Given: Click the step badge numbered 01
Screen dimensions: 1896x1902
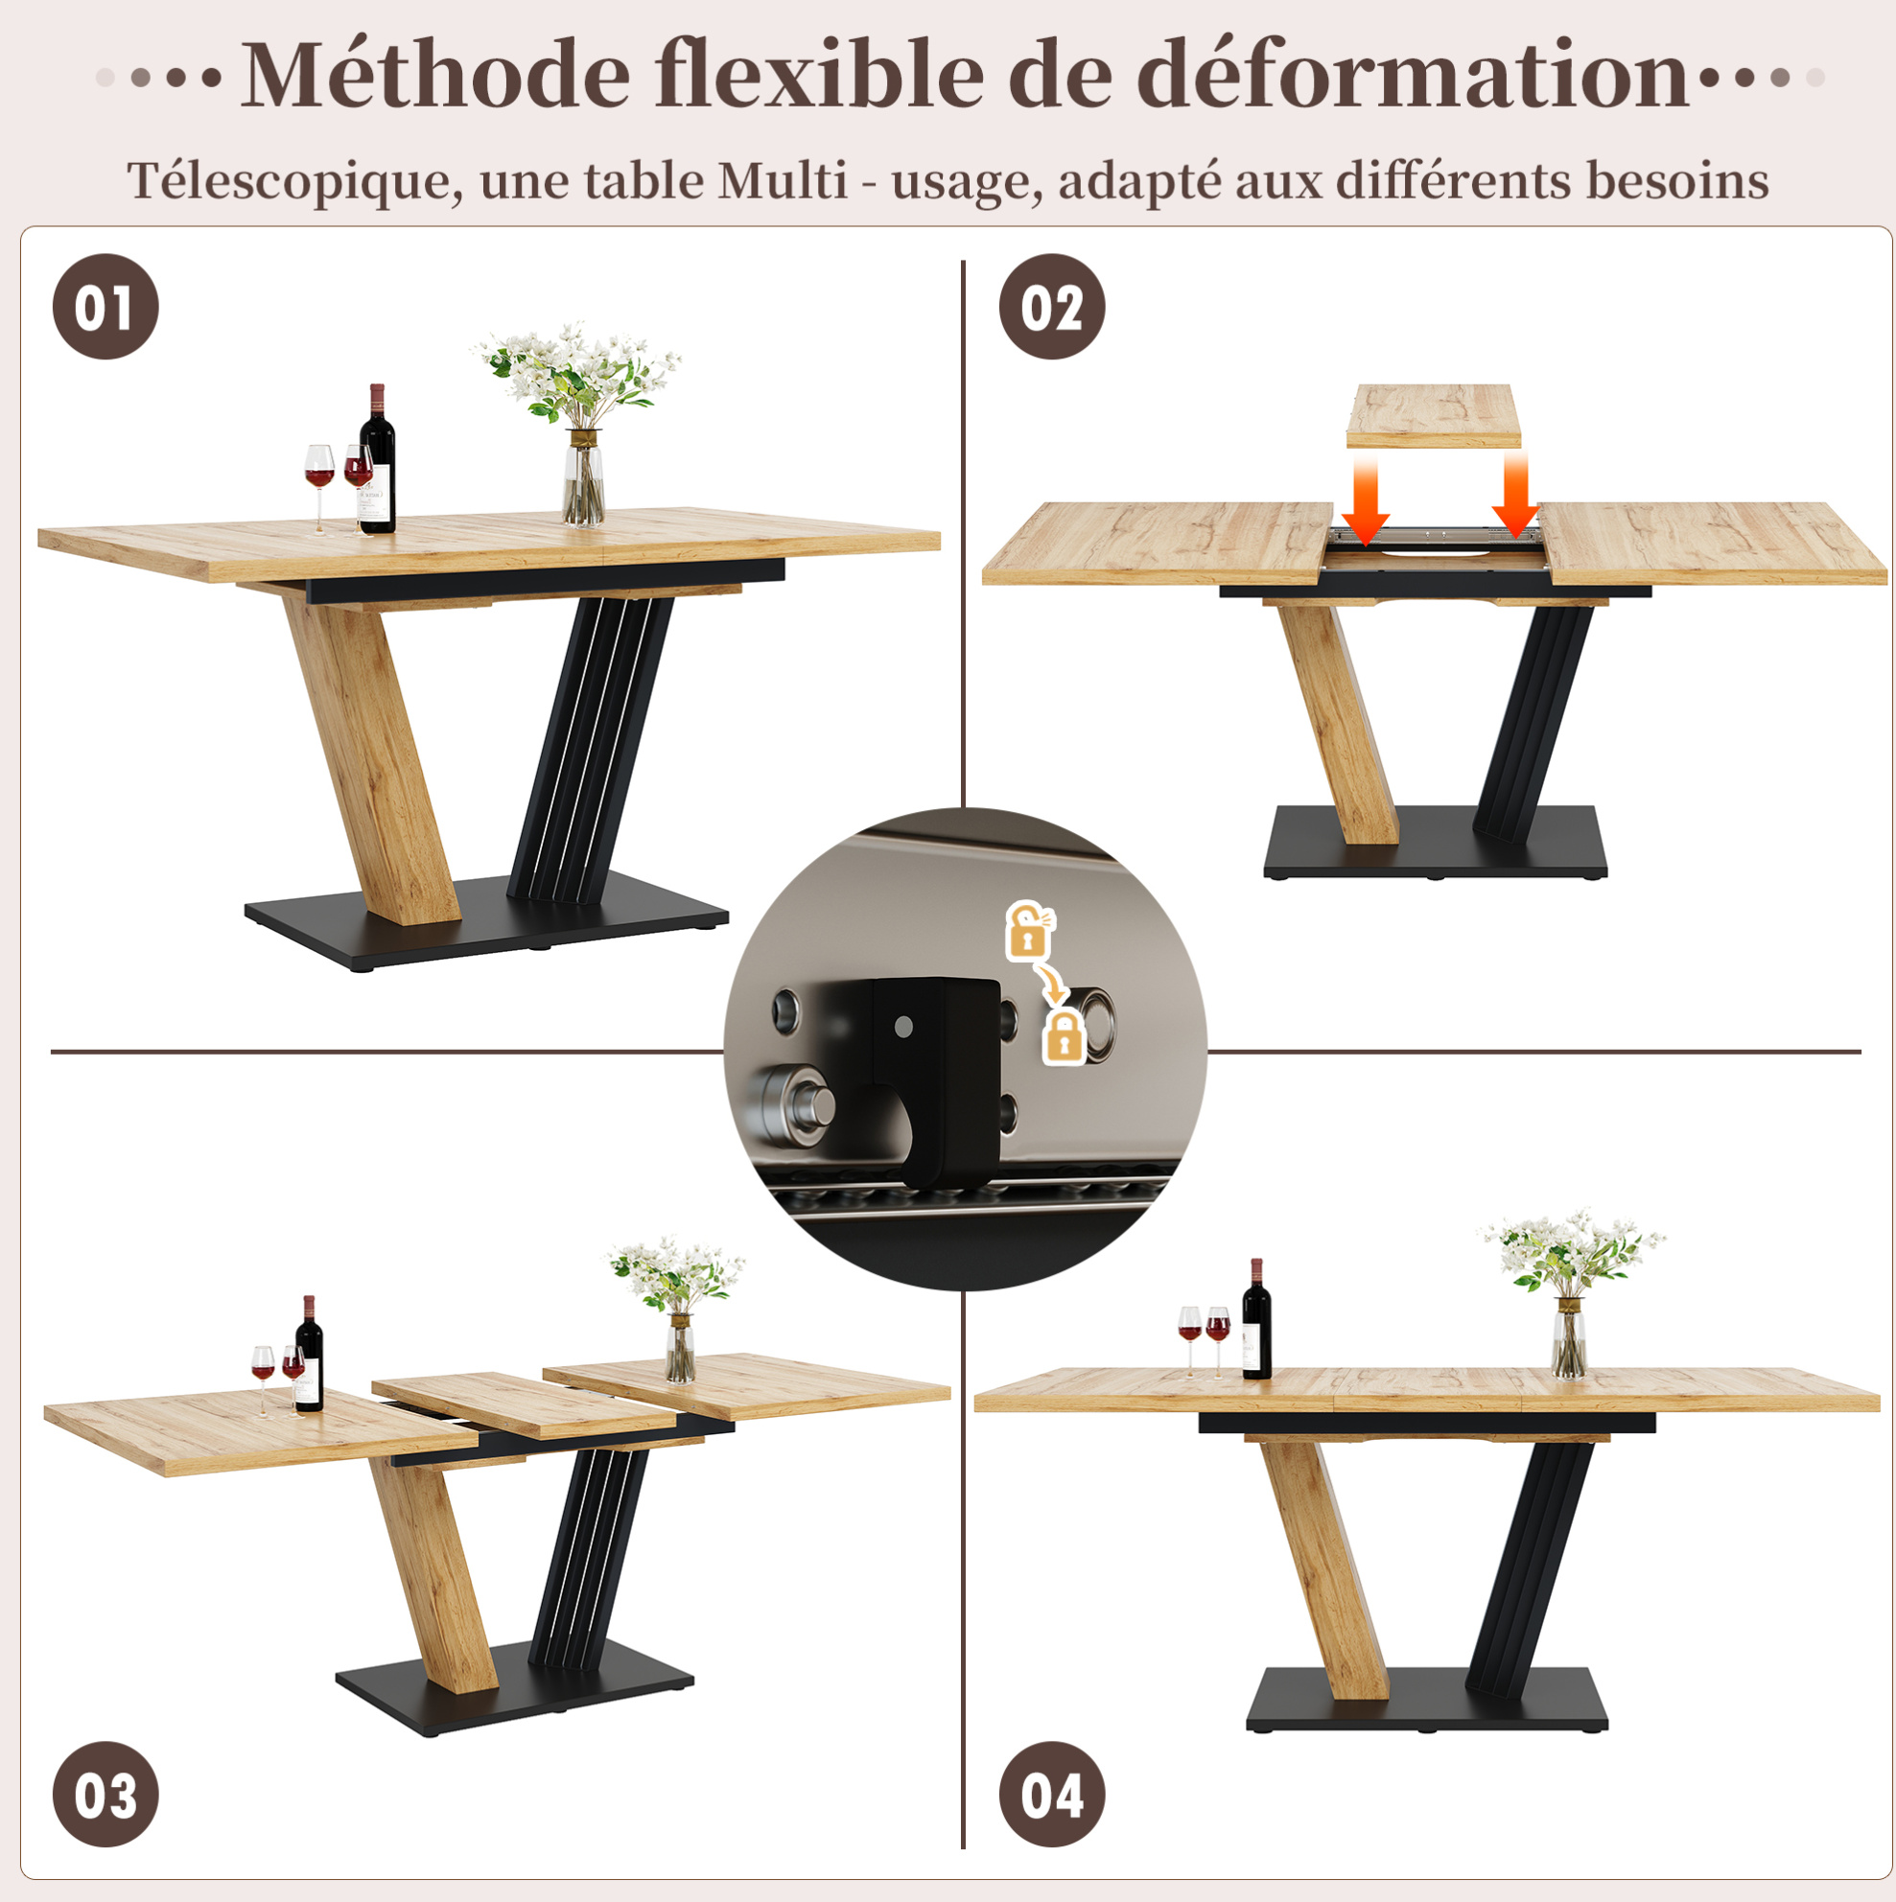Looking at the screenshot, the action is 105,306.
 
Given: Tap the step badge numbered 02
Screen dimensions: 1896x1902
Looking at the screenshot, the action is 1052,306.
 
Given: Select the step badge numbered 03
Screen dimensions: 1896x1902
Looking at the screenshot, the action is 105,1794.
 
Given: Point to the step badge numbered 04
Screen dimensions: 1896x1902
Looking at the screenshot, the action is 1052,1794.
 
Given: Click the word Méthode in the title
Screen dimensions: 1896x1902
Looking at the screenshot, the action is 435,75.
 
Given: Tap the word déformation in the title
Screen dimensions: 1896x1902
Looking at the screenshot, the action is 1415,75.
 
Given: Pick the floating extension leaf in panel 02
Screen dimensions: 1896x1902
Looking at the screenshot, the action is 1433,415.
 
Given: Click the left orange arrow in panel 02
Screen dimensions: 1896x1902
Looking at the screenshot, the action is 1365,499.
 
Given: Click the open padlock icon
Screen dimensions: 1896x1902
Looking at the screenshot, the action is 1027,929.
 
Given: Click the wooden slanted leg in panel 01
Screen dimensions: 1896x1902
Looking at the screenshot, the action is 372,758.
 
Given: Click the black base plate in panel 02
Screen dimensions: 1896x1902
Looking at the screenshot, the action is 1434,842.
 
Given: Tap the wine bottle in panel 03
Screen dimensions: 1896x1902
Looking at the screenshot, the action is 308,1354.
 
